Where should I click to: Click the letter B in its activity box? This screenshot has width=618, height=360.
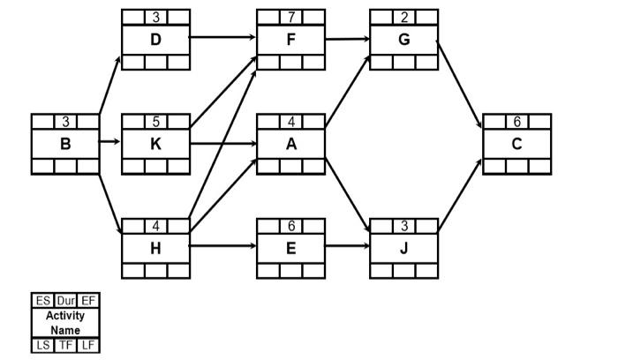click(64, 144)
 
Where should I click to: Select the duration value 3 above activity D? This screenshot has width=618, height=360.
click(155, 17)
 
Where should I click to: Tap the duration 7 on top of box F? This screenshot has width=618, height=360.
click(291, 17)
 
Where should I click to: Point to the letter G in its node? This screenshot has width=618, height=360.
click(403, 40)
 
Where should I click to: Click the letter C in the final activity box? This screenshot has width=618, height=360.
click(516, 144)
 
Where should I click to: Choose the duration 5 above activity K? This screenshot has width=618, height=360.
click(155, 121)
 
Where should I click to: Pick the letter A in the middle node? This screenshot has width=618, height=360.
click(291, 144)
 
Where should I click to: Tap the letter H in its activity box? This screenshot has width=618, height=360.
click(155, 248)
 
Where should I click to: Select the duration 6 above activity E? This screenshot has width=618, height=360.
click(291, 225)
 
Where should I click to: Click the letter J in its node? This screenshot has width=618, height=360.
click(403, 248)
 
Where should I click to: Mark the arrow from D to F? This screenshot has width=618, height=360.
click(223, 39)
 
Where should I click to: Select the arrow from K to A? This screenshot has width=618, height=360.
click(223, 142)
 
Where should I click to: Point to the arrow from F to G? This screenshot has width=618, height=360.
click(347, 39)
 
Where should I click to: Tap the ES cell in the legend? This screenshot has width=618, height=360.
click(41, 301)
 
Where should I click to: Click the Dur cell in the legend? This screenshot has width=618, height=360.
click(64, 301)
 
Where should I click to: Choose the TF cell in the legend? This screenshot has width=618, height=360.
click(64, 344)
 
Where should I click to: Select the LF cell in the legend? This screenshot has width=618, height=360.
click(87, 344)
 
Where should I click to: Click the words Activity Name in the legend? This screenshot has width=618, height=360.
click(64, 322)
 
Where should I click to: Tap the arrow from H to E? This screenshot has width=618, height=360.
click(223, 247)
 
